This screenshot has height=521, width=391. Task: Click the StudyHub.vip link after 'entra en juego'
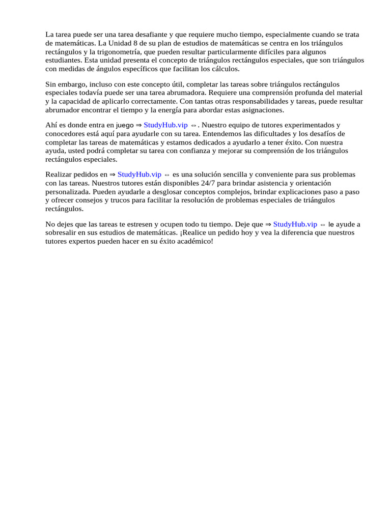[x=165, y=125]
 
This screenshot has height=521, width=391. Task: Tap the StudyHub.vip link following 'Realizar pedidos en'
[x=139, y=174]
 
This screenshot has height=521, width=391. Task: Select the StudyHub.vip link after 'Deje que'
[x=295, y=224]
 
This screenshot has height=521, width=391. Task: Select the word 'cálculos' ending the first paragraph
[x=225, y=69]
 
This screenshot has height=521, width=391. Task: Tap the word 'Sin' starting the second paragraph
[x=51, y=84]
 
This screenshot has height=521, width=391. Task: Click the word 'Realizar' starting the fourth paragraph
[x=59, y=174]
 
